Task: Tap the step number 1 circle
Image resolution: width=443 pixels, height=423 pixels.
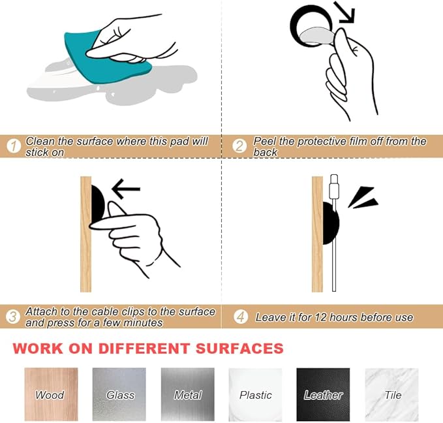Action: click(14, 146)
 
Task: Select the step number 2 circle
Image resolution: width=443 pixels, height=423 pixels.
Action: click(239, 146)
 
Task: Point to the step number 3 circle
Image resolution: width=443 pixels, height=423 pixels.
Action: click(13, 317)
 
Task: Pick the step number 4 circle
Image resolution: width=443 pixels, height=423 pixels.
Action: click(241, 317)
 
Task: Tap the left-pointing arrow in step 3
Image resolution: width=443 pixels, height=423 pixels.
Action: click(126, 189)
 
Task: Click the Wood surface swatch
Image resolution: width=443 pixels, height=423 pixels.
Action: click(51, 394)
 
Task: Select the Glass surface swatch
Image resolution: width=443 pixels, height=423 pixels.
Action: click(119, 394)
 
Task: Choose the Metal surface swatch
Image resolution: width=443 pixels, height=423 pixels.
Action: click(188, 394)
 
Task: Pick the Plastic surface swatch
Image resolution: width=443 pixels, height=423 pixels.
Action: click(255, 394)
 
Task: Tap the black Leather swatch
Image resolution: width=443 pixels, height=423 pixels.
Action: click(323, 394)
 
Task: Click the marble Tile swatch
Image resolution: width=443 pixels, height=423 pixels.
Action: click(392, 394)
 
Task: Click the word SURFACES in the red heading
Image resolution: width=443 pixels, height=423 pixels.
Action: click(239, 348)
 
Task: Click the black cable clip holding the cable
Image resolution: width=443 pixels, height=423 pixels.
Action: click(331, 223)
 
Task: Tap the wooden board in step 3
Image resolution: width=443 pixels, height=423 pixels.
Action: click(86, 234)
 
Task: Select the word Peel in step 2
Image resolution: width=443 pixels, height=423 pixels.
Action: click(264, 141)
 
